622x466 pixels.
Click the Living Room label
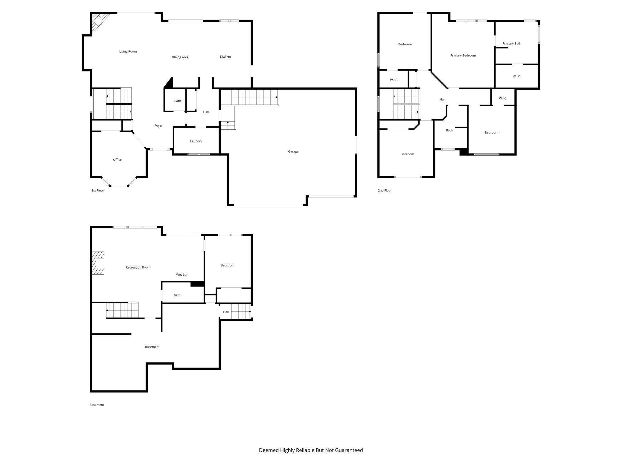[x=128, y=51]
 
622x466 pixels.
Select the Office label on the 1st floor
[x=117, y=160]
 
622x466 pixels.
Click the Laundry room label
[x=196, y=141]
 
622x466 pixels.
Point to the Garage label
[x=293, y=151]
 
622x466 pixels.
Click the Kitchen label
[x=225, y=56]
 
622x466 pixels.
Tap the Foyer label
[x=158, y=125]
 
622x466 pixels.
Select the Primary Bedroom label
[x=463, y=55]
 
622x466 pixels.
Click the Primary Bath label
[x=511, y=43]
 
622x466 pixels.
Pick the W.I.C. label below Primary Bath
[x=516, y=76]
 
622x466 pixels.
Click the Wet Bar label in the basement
[x=182, y=275]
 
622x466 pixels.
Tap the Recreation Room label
[x=138, y=267]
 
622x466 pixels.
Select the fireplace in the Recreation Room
[x=98, y=263]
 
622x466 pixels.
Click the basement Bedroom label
[x=227, y=265]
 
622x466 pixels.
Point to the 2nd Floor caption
[x=385, y=190]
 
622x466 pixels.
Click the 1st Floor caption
[x=97, y=190]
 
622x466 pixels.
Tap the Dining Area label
[x=180, y=57]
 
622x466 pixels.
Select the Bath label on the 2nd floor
[x=449, y=130]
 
